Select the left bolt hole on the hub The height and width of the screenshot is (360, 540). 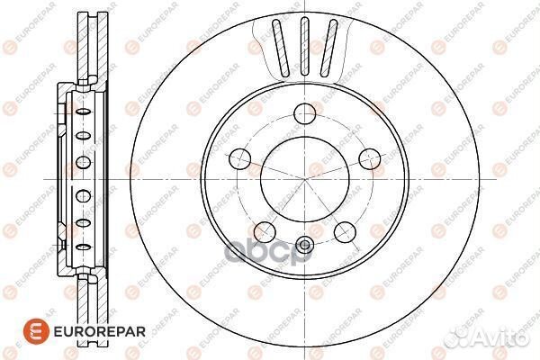239,159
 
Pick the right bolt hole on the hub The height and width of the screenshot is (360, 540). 366,159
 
